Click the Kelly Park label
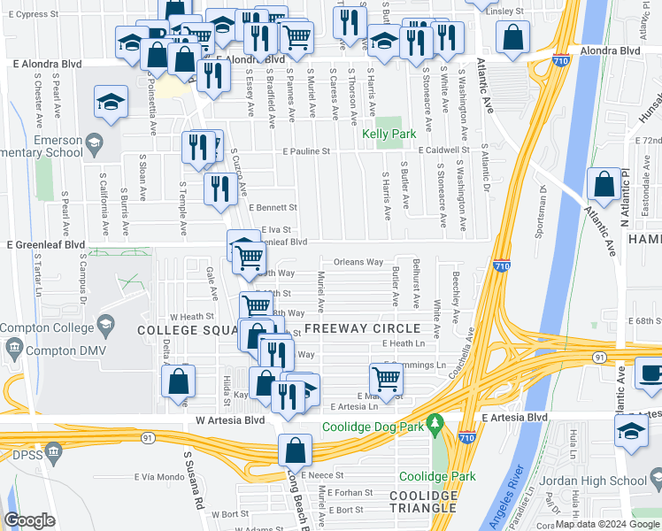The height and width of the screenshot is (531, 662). (389, 135)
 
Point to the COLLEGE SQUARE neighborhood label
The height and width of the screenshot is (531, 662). (185, 329)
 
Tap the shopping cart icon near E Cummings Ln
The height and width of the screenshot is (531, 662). (387, 379)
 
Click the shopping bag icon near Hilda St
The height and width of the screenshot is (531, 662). (178, 380)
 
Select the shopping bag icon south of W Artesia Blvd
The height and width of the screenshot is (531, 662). (296, 450)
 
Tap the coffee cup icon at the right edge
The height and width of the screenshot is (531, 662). (651, 373)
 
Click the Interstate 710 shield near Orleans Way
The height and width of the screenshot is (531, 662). (502, 265)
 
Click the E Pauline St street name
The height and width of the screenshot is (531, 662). (306, 151)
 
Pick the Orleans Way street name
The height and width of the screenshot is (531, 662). (358, 262)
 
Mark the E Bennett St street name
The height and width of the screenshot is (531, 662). (273, 207)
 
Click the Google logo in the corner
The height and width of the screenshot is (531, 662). (29, 519)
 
